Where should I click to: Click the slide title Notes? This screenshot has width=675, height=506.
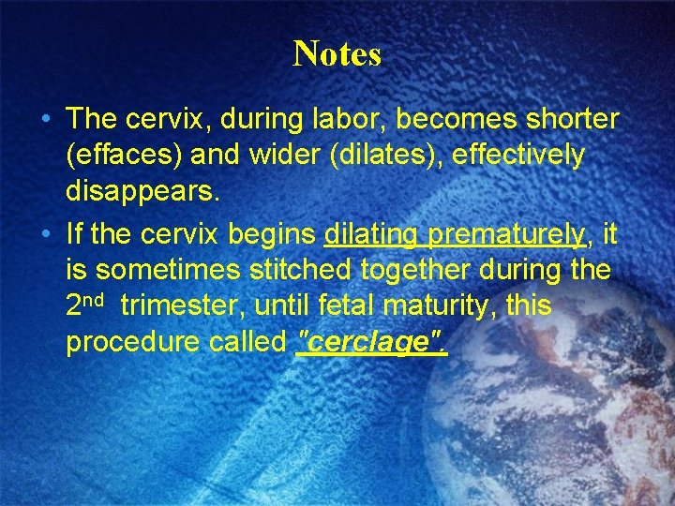337,54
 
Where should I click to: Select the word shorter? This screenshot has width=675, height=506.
566,119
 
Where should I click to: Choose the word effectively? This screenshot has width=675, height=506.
518,156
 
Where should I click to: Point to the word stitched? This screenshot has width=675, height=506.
306,271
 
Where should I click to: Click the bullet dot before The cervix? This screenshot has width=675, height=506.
45,120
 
